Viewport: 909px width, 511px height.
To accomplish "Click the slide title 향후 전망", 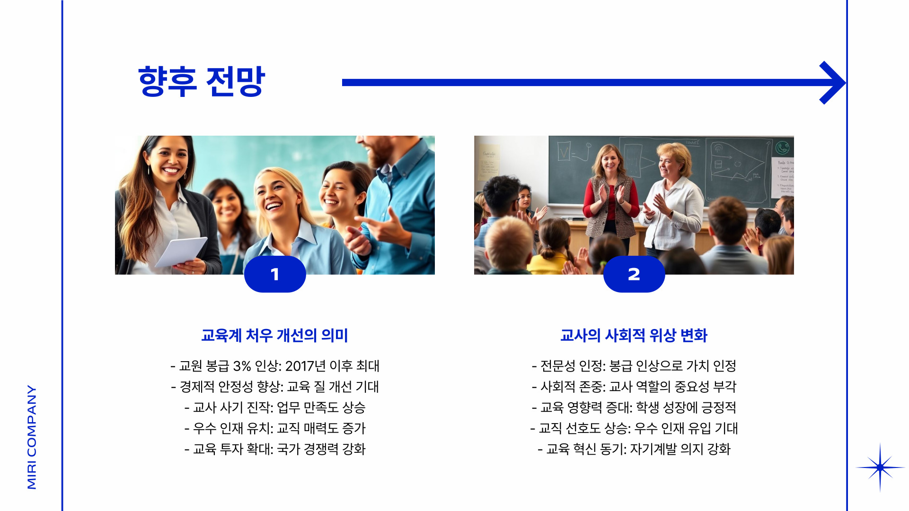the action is [202, 82].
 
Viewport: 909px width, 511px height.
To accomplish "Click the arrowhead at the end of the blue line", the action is [833, 83].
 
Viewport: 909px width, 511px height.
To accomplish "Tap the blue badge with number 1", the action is [275, 274].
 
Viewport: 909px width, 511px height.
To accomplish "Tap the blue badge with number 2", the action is [634, 274].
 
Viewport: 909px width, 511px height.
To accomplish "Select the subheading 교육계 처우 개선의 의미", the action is [274, 335].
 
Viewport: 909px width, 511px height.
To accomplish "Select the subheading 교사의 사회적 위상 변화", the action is [634, 335].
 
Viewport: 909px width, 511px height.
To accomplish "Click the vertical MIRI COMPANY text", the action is [32, 437].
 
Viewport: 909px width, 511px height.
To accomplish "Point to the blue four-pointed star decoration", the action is [880, 468].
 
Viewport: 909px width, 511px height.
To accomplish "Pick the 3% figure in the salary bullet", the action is [242, 366].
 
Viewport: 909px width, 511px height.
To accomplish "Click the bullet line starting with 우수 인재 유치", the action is [275, 428].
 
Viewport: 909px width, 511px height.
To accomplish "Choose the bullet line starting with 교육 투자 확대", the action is [275, 449].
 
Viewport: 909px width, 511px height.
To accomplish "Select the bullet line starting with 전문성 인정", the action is [634, 366].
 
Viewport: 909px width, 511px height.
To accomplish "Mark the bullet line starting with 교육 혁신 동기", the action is [634, 449].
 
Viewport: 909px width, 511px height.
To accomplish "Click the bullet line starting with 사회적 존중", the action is [634, 387].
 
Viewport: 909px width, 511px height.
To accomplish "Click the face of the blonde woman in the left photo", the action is [277, 194].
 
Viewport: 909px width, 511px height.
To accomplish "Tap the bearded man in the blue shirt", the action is [397, 199].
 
